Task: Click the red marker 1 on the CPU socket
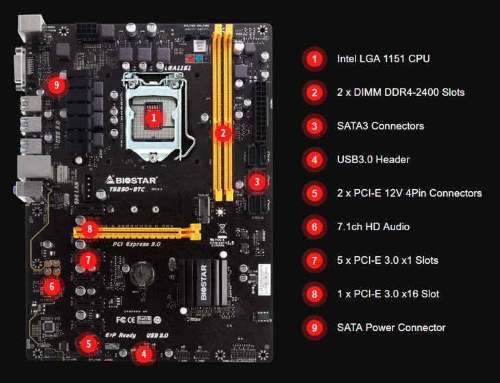pos(154,117)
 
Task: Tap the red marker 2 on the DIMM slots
pos(221,133)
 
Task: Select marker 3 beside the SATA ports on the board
pos(256,182)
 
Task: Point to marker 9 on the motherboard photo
pos(57,85)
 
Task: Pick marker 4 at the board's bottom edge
pos(143,354)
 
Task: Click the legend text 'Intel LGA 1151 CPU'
pos(383,59)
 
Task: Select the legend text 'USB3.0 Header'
pos(373,160)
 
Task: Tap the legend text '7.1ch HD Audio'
pos(374,227)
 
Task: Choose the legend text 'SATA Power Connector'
pos(391,328)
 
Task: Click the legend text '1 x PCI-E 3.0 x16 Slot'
pos(388,294)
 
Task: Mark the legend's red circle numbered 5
pos(314,193)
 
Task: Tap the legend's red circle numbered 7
pos(314,260)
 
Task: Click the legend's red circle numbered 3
pos(314,126)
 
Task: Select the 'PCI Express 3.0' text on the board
pos(136,243)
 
